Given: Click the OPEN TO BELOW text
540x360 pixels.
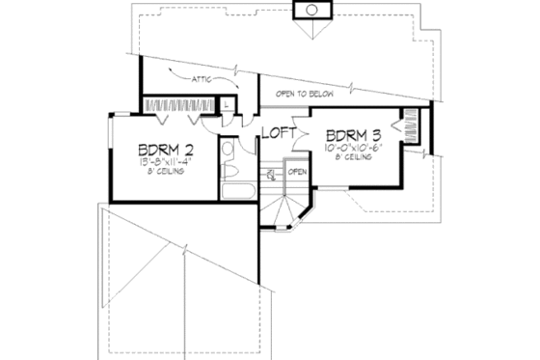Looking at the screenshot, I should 306,94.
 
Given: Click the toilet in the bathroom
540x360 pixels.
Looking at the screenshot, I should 231,167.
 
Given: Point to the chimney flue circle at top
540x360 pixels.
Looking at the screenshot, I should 311,10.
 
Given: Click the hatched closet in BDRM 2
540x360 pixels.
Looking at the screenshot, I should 179,103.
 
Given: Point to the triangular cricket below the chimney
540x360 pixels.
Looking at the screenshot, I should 311,28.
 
